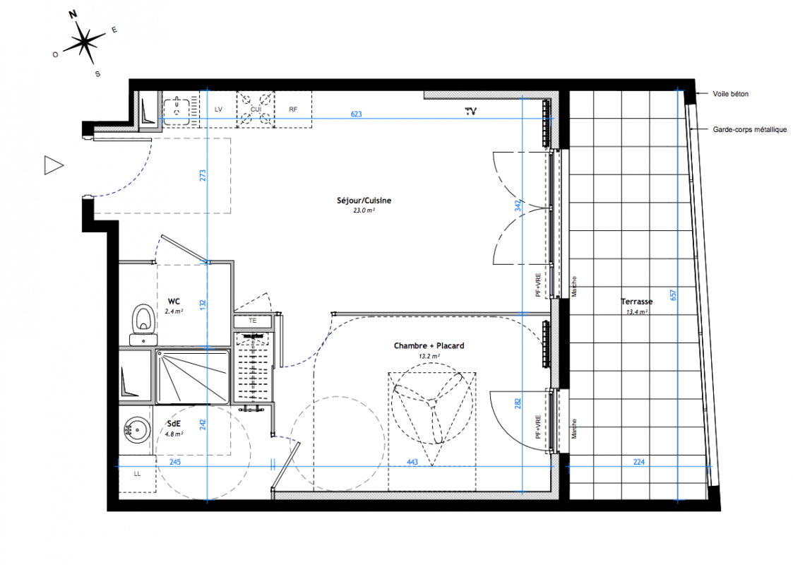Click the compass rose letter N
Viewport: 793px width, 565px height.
click(x=73, y=14)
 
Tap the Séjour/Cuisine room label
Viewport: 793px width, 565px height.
click(x=364, y=201)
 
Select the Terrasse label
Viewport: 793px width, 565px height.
click(x=637, y=302)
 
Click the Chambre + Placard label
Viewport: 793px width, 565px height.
click(x=429, y=346)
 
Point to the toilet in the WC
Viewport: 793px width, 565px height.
click(x=143, y=324)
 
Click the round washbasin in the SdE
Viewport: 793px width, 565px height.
click(x=137, y=430)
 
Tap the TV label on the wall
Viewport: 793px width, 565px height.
click(x=471, y=112)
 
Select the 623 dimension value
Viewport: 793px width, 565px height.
click(x=356, y=114)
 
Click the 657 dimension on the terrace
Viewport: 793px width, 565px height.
click(x=673, y=295)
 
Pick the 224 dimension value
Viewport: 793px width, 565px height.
click(x=639, y=462)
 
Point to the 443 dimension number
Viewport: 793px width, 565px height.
click(x=412, y=462)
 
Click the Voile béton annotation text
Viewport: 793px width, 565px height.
click(x=730, y=94)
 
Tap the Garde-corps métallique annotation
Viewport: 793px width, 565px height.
click(x=749, y=129)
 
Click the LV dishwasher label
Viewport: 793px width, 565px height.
click(x=218, y=109)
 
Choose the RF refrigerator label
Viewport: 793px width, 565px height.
click(x=293, y=109)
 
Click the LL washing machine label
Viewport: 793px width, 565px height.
click(x=138, y=474)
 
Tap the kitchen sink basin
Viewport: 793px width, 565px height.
click(x=177, y=109)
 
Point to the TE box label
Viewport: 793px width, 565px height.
click(x=252, y=321)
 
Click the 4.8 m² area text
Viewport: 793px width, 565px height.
click(x=174, y=434)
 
